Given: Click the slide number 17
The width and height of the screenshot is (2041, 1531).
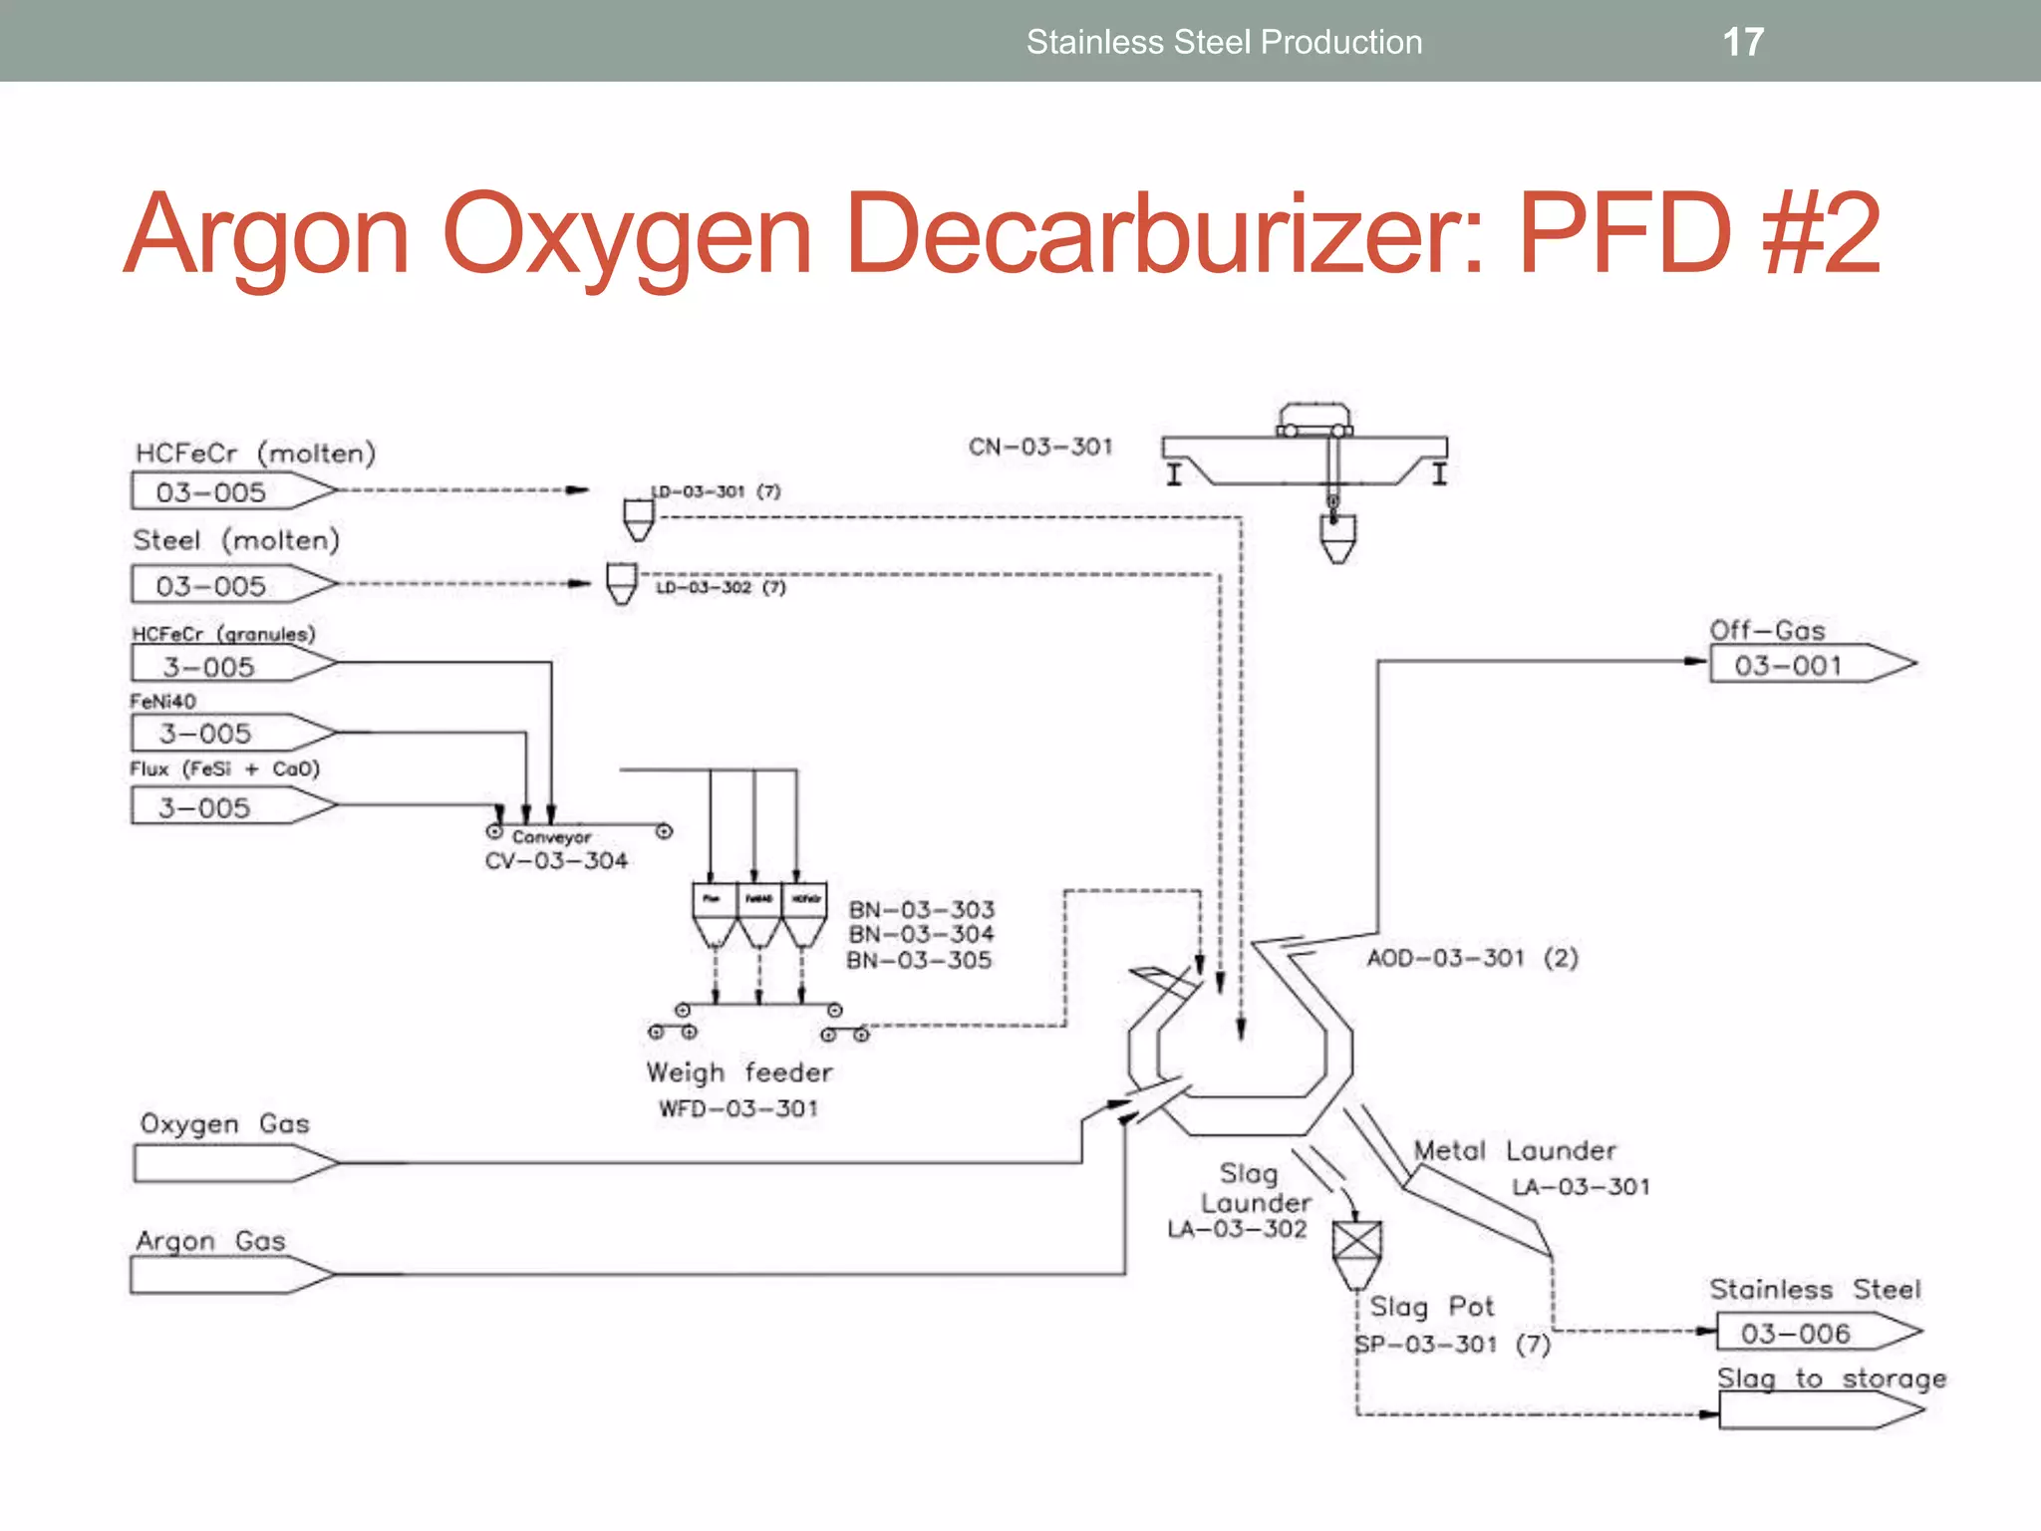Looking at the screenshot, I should pyautogui.click(x=1743, y=42).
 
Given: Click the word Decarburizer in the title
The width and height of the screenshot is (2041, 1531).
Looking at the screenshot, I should pyautogui.click(x=1164, y=235).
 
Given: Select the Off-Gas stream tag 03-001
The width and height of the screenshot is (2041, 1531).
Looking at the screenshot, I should pyautogui.click(x=1788, y=665).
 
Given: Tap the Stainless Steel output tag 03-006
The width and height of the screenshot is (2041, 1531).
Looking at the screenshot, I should pyautogui.click(x=1796, y=1333).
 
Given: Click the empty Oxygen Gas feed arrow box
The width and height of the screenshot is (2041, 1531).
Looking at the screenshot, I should pyautogui.click(x=224, y=1163).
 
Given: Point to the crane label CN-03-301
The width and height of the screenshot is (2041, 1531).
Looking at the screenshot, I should pyautogui.click(x=1040, y=447).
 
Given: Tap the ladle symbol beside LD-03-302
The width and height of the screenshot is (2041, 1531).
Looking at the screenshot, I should pyautogui.click(x=622, y=582).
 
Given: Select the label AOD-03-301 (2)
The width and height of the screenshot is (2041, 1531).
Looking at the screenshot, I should pyautogui.click(x=1472, y=958).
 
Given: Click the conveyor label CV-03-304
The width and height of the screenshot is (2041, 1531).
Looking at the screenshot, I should pyautogui.click(x=556, y=860).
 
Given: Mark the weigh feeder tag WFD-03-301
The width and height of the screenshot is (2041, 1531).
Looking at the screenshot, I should pyautogui.click(x=738, y=1108).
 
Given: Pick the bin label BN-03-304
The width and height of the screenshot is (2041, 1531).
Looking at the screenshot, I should pyautogui.click(x=921, y=934).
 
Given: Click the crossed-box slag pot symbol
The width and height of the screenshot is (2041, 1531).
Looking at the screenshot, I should pyautogui.click(x=1357, y=1242).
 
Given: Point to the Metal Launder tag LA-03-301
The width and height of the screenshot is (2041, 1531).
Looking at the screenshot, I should pyautogui.click(x=1581, y=1186).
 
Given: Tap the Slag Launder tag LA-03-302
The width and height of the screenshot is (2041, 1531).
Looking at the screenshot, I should pyautogui.click(x=1237, y=1229).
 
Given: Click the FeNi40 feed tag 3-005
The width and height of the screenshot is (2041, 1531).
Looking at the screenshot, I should pyautogui.click(x=206, y=734).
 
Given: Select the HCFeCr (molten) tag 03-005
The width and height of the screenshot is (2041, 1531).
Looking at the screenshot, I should pyautogui.click(x=211, y=492).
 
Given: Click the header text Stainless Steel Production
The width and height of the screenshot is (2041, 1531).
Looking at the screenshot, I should pyautogui.click(x=1224, y=42).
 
